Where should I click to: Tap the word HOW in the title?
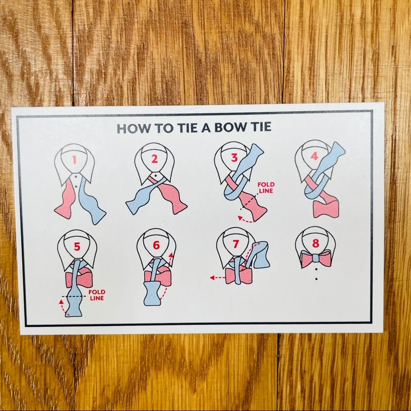tap(134, 128)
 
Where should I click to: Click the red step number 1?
tap(74, 159)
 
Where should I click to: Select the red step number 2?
tap(155, 159)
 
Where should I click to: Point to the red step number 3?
tap(234, 157)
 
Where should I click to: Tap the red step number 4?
tap(314, 156)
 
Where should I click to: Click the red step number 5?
tap(77, 246)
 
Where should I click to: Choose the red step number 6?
tap(156, 245)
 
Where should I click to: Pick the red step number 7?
tap(236, 244)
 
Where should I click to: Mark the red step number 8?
tap(316, 243)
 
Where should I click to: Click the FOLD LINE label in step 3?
tap(266, 188)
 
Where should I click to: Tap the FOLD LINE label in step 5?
tap(97, 295)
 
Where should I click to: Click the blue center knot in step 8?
tap(316, 259)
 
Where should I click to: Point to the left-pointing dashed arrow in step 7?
tap(217, 277)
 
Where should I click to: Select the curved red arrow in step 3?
tap(246, 219)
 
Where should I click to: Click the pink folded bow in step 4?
tap(326, 209)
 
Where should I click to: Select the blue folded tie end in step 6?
tap(152, 293)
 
